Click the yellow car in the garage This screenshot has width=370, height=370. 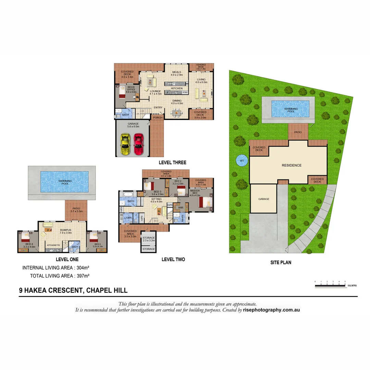click(124, 144)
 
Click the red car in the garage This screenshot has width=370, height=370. click(138, 144)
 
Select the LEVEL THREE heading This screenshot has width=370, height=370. click(172, 162)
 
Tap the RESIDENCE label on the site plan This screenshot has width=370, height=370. click(292, 165)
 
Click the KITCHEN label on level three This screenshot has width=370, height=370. click(177, 88)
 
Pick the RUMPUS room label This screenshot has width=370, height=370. click(65, 230)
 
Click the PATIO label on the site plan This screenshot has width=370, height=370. click(298, 132)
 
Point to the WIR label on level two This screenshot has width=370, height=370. click(181, 207)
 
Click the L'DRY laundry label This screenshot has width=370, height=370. click(128, 218)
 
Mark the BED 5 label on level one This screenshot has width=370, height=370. click(97, 244)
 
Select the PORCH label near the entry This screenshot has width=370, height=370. click(157, 118)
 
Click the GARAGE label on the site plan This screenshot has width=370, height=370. click(264, 199)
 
